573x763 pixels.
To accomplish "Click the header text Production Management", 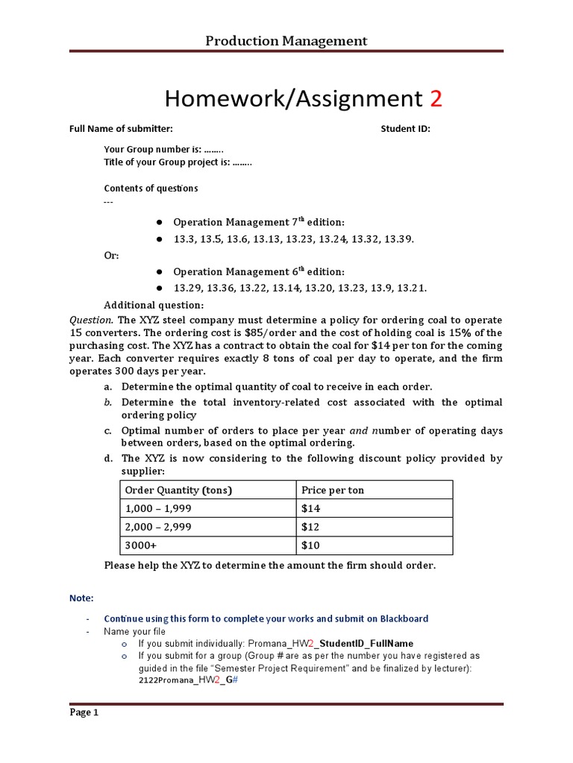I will pos(286,41).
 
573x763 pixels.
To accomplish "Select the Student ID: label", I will pos(405,129).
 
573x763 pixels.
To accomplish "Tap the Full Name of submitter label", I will pos(121,129).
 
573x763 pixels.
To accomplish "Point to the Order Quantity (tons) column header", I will pos(178,490).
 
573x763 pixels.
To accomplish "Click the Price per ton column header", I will pos(332,490).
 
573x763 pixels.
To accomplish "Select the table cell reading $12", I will pos(311,527).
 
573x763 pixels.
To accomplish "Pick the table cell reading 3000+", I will pos(140,545).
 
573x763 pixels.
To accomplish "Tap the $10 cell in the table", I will pos(311,545).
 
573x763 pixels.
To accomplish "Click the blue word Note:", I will pos(81,598).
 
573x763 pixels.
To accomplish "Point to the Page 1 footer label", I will pos(84,712).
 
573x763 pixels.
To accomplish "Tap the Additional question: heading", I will pos(153,305).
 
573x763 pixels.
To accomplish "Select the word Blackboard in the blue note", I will pos(404,618).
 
